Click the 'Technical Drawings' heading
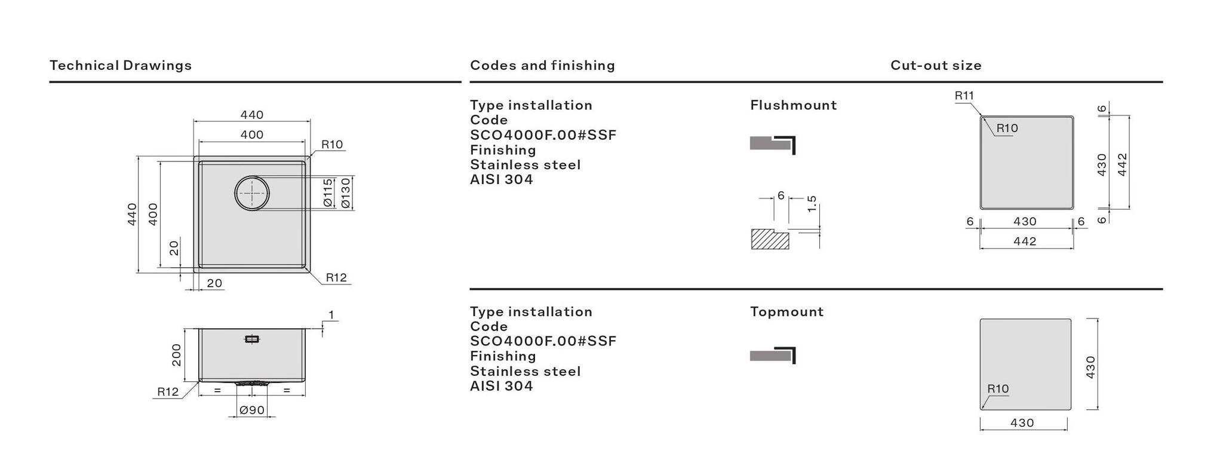click(x=121, y=65)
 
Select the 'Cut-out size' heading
click(x=936, y=65)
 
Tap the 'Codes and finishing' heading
click(x=542, y=65)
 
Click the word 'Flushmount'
click(x=793, y=105)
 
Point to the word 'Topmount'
click(x=786, y=311)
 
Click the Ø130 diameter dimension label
click(x=345, y=193)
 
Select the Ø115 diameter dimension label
click(x=328, y=193)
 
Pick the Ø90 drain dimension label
click(x=252, y=410)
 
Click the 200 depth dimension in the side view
click(x=176, y=355)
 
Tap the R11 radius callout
click(x=964, y=96)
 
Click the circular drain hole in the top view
click(x=252, y=193)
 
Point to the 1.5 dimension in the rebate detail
click(x=812, y=204)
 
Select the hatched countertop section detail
click(x=769, y=239)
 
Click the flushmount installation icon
click(x=773, y=145)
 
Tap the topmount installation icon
click(x=773, y=355)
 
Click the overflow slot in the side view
click(x=252, y=339)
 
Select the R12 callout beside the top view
click(x=336, y=277)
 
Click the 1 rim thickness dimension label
click(x=331, y=315)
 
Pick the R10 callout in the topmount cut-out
click(x=998, y=389)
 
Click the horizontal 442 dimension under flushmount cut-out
click(x=1025, y=241)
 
